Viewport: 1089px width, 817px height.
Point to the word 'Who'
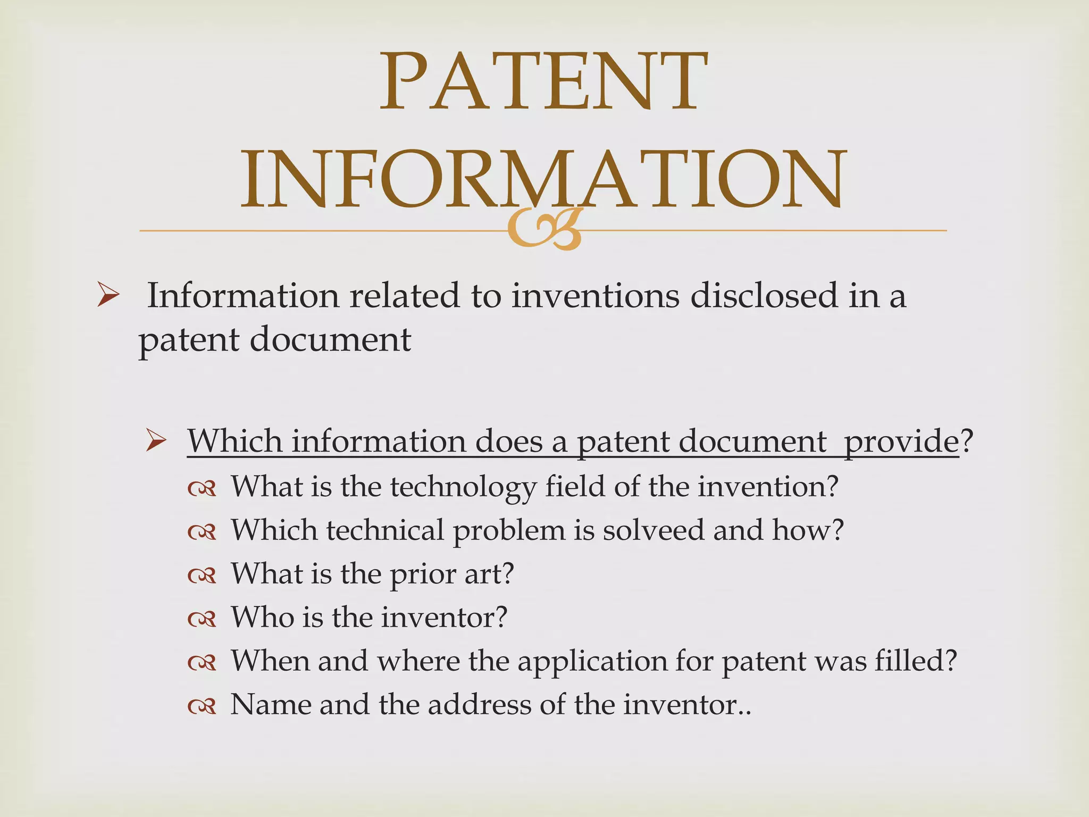262,617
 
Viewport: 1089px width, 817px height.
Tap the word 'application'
592,662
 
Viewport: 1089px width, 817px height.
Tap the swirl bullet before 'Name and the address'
202,706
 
